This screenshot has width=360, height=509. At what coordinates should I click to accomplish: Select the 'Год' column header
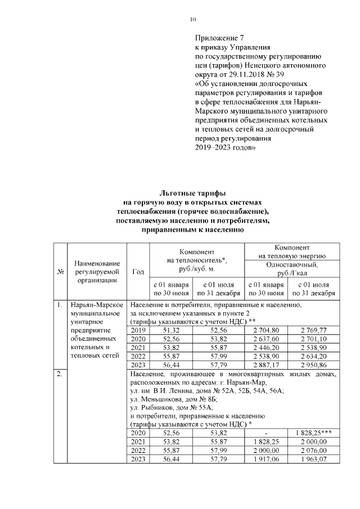138,272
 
